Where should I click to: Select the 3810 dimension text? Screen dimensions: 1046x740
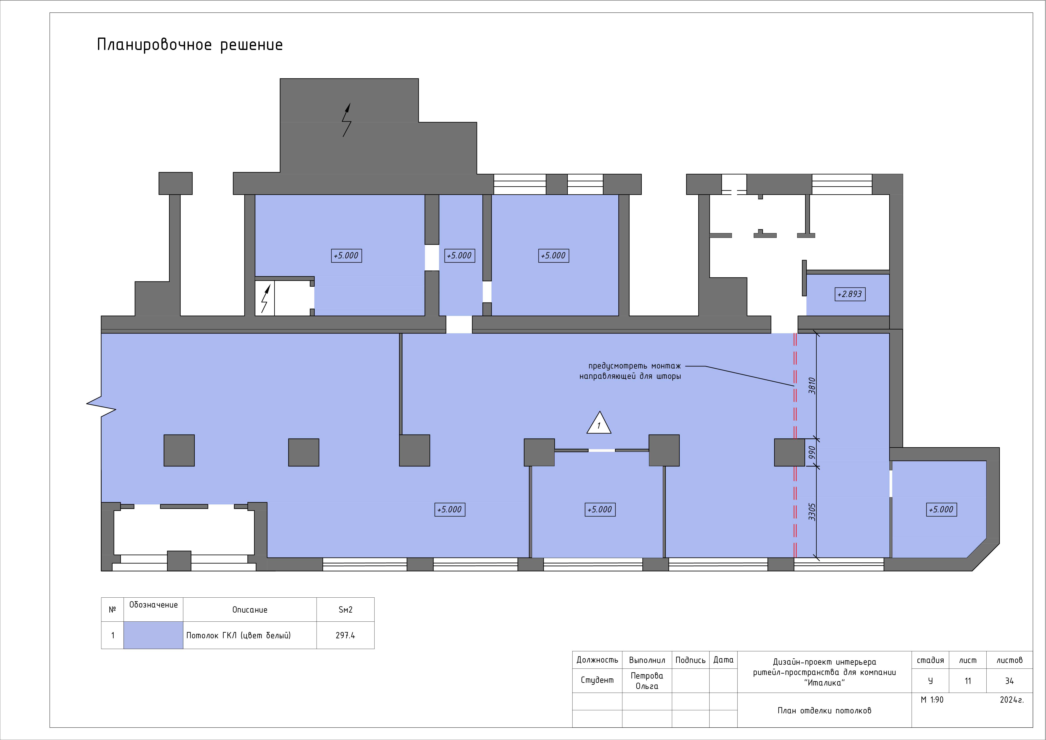[811, 386]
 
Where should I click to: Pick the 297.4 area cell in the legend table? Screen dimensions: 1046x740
[345, 635]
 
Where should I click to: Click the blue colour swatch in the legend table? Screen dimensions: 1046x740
[153, 635]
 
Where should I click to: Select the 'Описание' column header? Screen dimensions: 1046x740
[250, 610]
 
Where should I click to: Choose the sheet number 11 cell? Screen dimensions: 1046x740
[968, 681]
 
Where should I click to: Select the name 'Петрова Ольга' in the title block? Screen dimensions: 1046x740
[647, 681]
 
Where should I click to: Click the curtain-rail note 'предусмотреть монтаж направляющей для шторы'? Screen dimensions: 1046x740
[630, 371]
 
